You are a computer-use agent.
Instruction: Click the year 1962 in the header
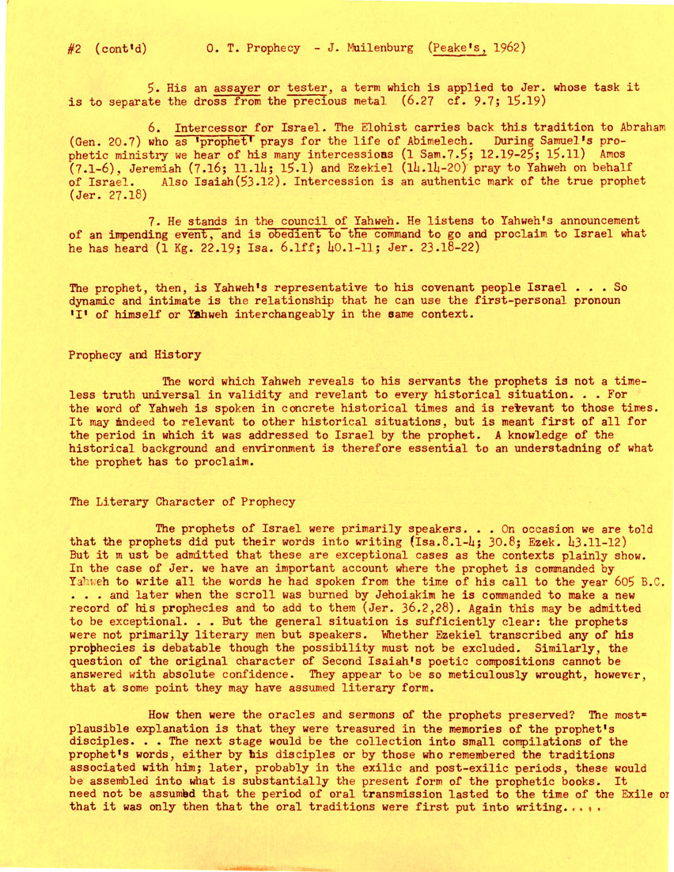(505, 47)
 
